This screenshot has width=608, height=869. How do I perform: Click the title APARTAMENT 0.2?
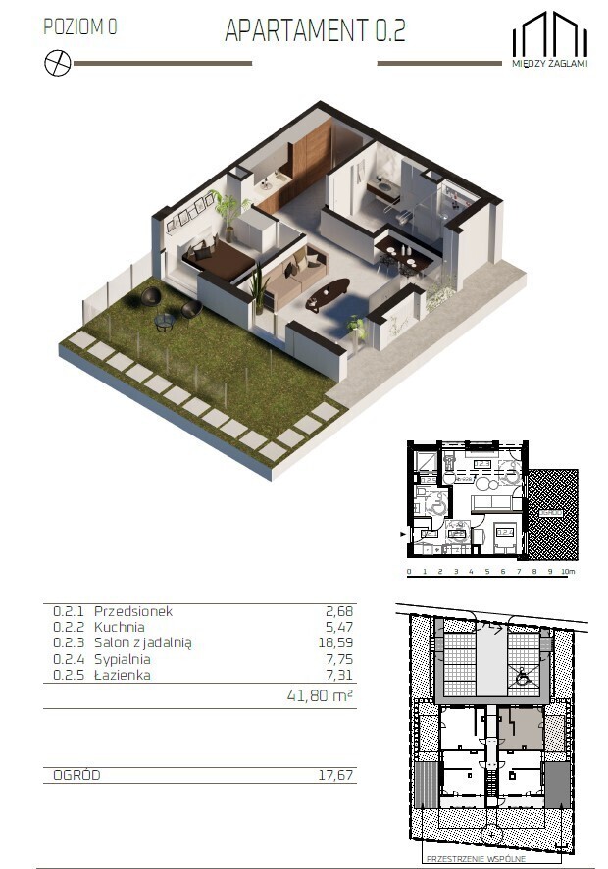315,30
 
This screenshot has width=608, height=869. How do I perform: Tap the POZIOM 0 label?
80,27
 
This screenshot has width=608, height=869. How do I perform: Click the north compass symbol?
57,63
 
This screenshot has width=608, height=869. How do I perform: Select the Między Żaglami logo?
549,38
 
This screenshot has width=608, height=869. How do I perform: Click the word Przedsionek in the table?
133,611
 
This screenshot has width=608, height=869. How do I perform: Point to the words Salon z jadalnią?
143,642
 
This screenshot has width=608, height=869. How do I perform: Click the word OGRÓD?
76,775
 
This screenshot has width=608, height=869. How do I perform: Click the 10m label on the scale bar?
569,571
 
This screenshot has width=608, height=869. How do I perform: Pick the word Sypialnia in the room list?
126,658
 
